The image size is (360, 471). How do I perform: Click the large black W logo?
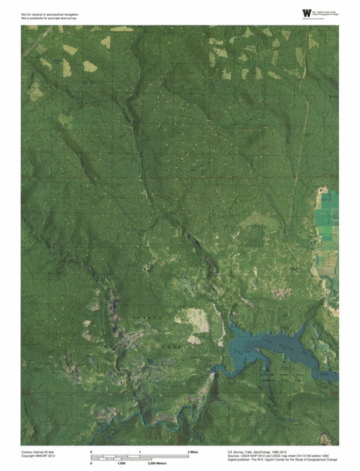(305, 13)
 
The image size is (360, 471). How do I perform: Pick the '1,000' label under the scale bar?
(120, 464)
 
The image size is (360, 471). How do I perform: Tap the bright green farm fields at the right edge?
(327, 225)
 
